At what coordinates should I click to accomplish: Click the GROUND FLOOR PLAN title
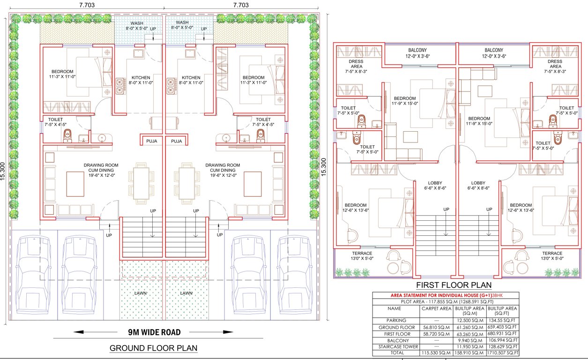[153, 348]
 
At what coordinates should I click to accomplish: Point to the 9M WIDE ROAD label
[154, 332]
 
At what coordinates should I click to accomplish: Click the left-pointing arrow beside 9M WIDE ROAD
[89, 332]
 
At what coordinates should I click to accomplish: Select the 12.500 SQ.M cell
[469, 321]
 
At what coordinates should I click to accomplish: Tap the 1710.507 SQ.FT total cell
[502, 352]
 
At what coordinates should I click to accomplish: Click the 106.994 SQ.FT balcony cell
[502, 340]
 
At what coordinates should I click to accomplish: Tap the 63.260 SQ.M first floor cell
[469, 334]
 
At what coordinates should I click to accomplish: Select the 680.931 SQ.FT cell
[502, 334]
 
